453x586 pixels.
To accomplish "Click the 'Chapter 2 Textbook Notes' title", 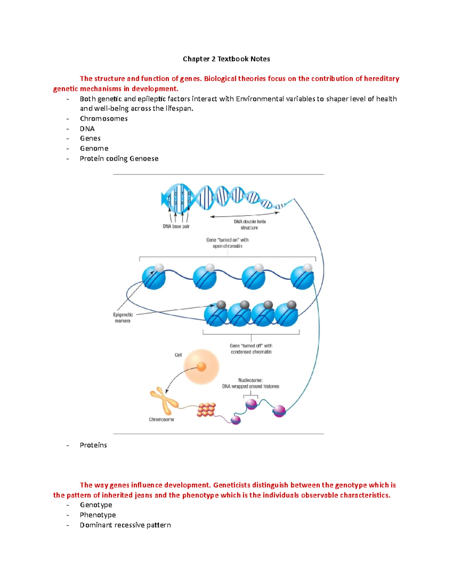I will point(226,59).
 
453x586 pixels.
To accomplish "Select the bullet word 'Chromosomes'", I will point(103,118).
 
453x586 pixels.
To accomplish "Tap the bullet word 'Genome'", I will point(94,148).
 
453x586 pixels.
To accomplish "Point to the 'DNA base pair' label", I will point(176,226).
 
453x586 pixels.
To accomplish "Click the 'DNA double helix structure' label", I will point(250,225).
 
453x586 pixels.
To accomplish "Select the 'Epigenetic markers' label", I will point(123,317).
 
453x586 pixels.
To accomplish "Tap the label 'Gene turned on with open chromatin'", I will point(227,243).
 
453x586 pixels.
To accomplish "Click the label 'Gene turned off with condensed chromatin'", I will point(251,349).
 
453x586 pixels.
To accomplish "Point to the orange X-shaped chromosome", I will point(164,401).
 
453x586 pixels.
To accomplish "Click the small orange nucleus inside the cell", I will point(202,366).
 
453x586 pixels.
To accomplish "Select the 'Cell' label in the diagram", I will point(178,355).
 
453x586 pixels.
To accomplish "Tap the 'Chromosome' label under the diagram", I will point(161,419).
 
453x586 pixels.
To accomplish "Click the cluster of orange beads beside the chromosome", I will point(206,410).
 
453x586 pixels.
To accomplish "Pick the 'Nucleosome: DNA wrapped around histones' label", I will point(250,383).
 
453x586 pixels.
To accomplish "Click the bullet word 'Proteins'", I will point(93,445).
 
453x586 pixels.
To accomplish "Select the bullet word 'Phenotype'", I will point(98,515).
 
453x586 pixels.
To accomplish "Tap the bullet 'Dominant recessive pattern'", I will point(125,525).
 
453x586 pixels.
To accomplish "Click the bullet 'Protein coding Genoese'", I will point(119,158).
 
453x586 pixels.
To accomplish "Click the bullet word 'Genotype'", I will point(96,505).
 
